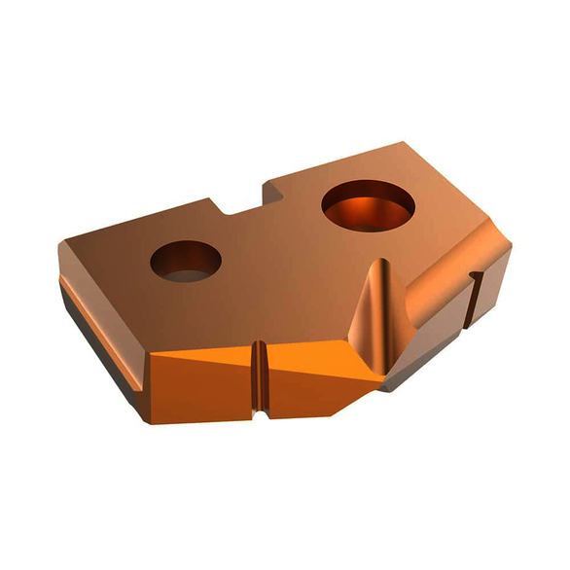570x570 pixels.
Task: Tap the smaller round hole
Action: (186, 262)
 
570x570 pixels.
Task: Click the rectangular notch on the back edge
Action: (243, 202)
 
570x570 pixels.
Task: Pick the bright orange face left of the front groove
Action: (199, 374)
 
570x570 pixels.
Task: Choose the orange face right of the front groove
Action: (311, 374)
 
